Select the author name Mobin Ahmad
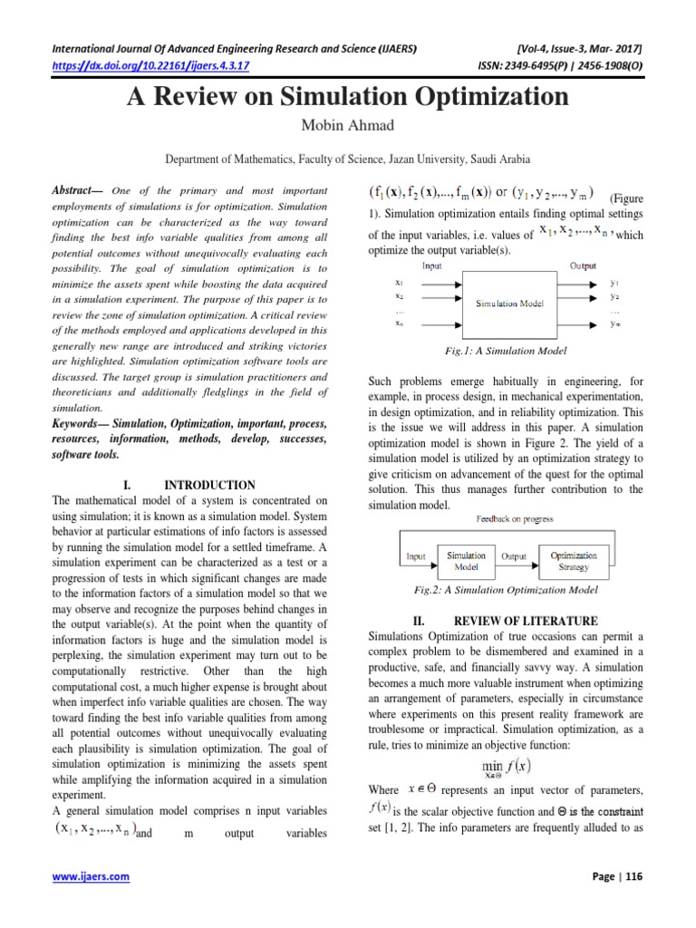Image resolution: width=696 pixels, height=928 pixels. click(x=347, y=125)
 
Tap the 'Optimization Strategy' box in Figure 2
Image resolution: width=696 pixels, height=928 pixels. click(x=574, y=560)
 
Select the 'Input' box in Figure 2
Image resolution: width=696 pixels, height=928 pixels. click(x=416, y=556)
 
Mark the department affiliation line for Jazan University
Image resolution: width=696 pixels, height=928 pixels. click(x=347, y=159)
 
